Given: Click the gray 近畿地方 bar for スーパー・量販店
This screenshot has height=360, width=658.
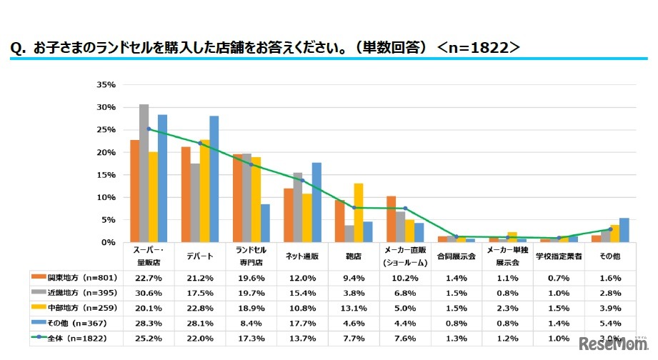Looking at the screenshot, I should [144, 174].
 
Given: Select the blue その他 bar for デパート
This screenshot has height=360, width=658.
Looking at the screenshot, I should [214, 179].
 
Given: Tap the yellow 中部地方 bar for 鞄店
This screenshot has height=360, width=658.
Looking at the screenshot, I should [358, 213].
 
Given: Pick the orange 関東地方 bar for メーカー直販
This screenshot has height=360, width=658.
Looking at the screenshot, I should [391, 219].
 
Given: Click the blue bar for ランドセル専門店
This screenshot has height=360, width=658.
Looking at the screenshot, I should [265, 224].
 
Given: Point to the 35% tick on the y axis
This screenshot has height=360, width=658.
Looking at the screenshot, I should [105, 84].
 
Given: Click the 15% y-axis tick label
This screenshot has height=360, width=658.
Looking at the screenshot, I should [105, 175].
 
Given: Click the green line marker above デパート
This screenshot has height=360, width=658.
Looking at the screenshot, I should [199, 144].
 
